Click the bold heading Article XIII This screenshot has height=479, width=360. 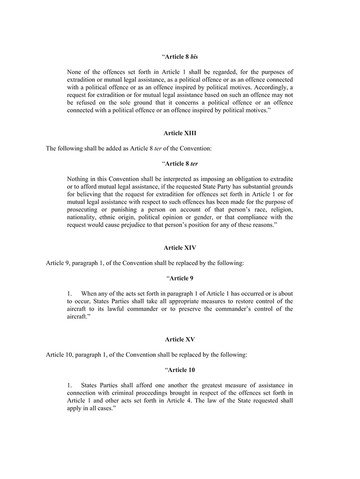[x=180, y=133]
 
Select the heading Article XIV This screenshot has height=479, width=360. [x=180, y=248]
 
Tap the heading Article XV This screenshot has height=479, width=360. [x=180, y=340]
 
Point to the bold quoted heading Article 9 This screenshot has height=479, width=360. [x=180, y=278]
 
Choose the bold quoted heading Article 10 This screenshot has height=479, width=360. [x=180, y=370]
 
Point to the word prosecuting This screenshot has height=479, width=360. [x=84, y=210]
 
